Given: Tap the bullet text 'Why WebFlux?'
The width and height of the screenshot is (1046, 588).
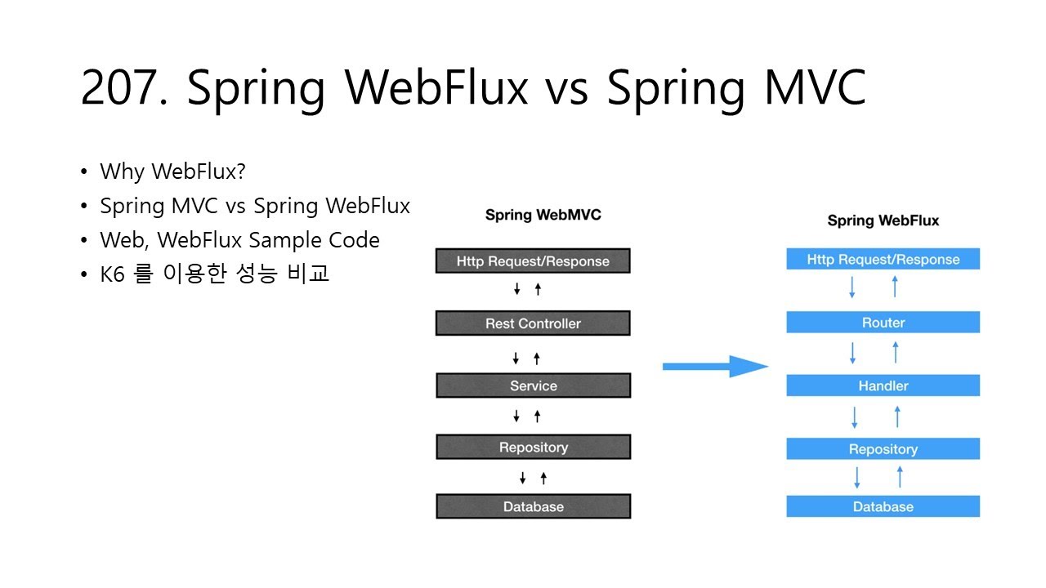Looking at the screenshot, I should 172,171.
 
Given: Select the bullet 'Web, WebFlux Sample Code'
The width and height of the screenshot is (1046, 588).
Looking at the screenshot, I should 239,240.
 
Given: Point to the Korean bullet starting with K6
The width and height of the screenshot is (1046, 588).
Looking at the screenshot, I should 214,274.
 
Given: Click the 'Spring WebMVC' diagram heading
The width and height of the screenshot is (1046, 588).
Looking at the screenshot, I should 543,215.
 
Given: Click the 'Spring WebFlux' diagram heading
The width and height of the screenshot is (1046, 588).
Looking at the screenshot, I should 883,220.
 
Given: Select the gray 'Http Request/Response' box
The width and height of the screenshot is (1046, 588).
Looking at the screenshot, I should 533,261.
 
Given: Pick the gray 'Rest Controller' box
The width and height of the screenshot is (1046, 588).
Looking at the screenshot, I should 533,323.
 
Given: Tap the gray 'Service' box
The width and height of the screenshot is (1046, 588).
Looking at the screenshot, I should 533,385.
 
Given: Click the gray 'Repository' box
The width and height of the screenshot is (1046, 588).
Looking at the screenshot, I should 533,448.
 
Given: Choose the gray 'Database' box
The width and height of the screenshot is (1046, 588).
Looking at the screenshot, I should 533,506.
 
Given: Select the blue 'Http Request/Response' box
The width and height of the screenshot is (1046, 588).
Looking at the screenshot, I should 883,260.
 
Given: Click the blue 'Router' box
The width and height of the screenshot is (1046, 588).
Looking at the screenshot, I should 883,323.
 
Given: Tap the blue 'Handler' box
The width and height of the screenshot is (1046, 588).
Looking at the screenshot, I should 883,385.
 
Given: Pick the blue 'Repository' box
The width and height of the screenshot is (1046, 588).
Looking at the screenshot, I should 883,449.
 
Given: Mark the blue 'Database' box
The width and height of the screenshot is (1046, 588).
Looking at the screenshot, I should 883,506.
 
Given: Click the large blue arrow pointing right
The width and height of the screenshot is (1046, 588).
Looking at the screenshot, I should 714,367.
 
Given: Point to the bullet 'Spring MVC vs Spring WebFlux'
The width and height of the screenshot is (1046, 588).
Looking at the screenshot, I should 255,206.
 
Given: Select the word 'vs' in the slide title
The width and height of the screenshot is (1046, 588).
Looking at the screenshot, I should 566,88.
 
